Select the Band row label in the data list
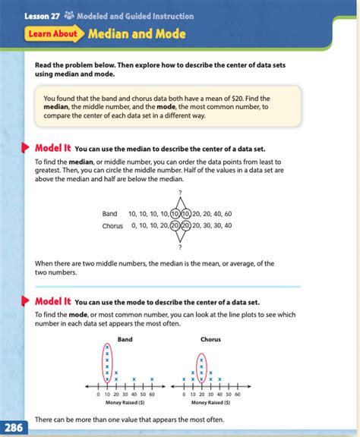point(109,214)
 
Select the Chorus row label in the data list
point(112,225)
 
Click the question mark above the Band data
point(180,193)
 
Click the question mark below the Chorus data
point(180,247)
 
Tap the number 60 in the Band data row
point(228,214)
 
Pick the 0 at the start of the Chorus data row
point(133,225)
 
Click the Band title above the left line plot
point(126,339)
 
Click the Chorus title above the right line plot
point(210,339)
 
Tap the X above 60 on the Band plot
point(152,379)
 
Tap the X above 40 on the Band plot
point(134,379)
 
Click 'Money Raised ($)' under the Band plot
point(125,404)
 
